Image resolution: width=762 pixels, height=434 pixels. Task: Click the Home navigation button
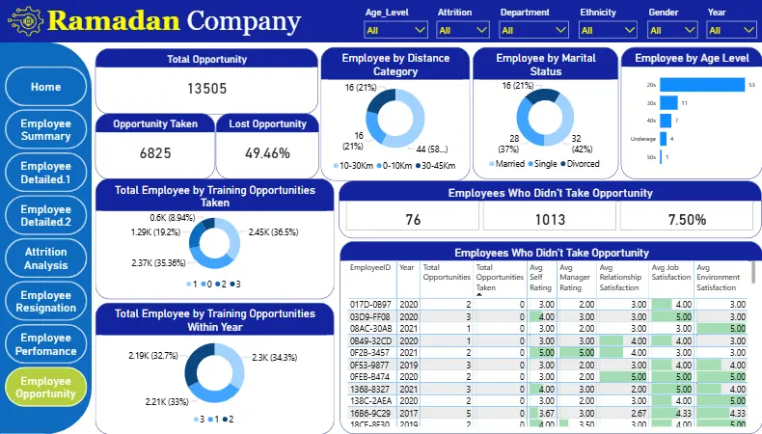[45, 87]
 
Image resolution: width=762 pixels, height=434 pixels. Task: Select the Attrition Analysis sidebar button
[45, 258]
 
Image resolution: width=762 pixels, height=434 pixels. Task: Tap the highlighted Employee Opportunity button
[45, 387]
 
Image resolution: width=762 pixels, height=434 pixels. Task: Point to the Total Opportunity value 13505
[206, 90]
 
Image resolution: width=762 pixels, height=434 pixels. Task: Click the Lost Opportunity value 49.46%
[267, 153]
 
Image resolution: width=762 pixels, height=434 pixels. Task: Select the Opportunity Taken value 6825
[154, 153]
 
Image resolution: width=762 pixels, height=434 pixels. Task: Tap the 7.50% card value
[686, 219]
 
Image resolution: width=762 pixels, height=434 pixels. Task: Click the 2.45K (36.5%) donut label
[274, 232]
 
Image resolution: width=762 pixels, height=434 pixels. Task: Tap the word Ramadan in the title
[113, 20]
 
